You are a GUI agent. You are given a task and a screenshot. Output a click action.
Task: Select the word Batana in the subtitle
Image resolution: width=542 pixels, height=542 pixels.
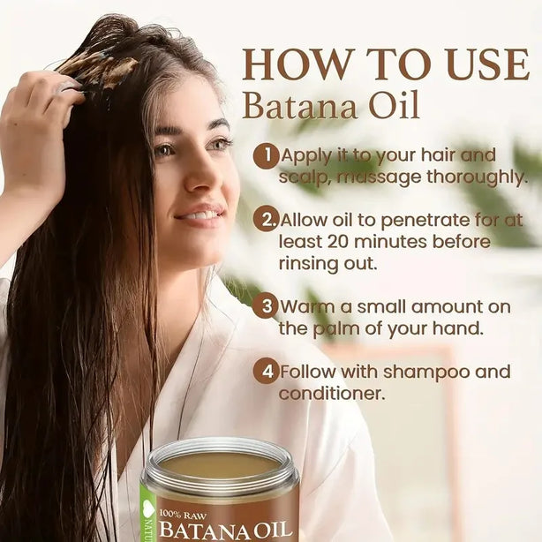300,105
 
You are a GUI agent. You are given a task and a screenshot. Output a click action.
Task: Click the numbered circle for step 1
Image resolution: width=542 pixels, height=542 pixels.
267,156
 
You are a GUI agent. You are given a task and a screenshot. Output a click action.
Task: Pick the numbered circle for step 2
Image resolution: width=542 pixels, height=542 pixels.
267,220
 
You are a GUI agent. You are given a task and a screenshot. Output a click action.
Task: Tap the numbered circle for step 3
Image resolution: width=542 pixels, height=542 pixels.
267,306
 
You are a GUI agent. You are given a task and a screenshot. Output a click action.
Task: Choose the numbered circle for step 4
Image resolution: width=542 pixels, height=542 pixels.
267,372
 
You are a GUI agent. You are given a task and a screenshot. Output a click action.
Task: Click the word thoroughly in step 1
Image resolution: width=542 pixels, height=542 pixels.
478,177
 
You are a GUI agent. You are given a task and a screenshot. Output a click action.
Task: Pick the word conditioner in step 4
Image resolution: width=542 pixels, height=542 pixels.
332,394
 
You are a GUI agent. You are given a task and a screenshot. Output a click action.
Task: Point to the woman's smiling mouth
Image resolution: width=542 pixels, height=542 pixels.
199,215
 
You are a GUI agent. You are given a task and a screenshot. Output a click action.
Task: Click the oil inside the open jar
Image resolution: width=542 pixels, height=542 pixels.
219,463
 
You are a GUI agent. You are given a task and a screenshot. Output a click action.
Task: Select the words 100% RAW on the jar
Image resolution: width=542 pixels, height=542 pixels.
183,516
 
